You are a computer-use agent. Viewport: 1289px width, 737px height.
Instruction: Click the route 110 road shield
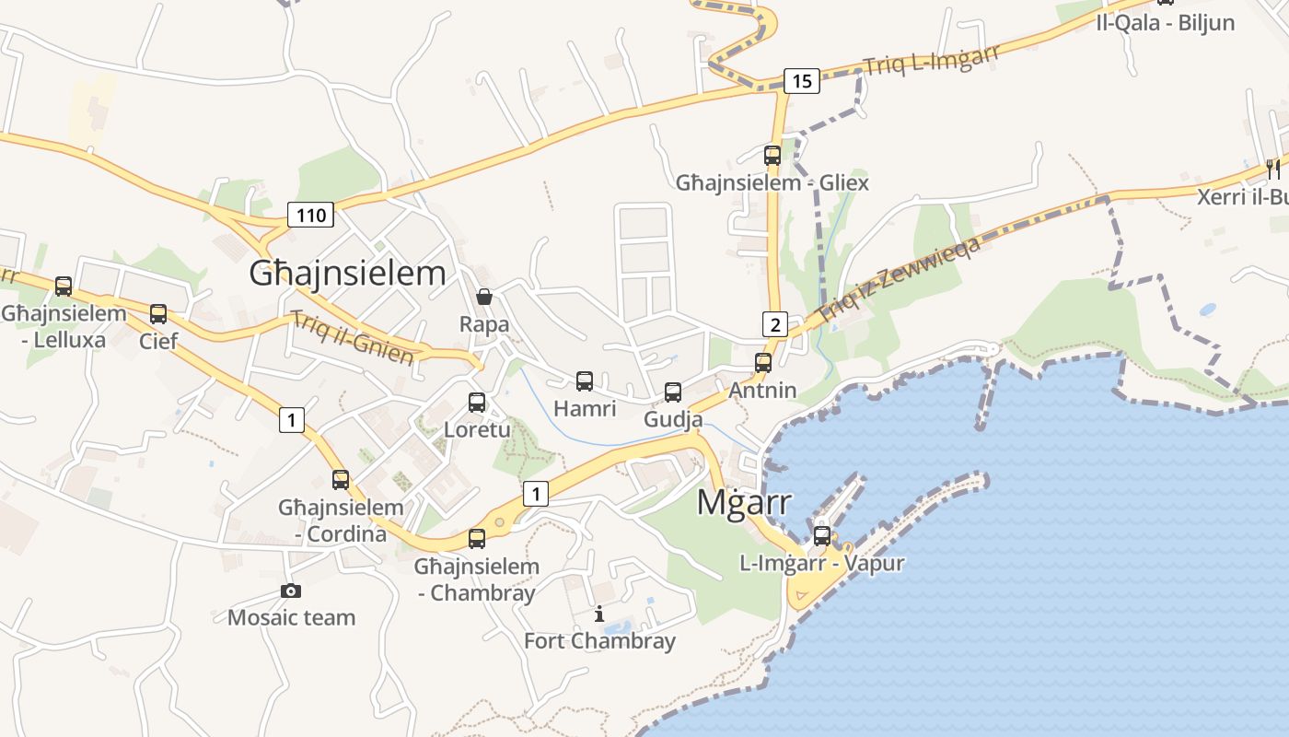(x=311, y=216)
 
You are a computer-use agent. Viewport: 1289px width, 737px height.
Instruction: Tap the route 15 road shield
(x=802, y=81)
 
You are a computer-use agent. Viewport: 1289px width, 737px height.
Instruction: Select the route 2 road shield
(x=775, y=324)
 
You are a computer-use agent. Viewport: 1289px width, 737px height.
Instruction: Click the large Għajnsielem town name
(x=348, y=274)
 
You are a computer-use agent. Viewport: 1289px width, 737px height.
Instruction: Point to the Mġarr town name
(x=744, y=503)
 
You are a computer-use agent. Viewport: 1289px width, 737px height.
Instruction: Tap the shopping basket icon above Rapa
(x=484, y=297)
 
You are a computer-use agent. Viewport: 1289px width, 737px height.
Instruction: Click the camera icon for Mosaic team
(x=291, y=591)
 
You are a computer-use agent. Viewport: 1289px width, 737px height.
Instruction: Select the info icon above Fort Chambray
(x=599, y=614)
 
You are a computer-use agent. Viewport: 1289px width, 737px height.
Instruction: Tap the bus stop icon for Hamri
(x=585, y=380)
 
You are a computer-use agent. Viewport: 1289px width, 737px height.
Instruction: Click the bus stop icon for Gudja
(x=673, y=392)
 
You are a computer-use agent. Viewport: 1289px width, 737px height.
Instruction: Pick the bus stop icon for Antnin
(x=763, y=362)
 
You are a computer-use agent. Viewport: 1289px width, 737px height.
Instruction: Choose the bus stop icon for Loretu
(x=477, y=402)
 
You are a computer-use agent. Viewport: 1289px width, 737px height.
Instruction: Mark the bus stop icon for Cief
(x=158, y=314)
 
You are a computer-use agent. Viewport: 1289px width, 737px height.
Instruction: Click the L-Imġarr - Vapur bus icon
(x=822, y=535)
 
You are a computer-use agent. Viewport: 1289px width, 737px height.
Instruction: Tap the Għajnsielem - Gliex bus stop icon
(x=772, y=155)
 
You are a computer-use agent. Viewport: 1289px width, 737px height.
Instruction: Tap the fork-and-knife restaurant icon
(x=1273, y=169)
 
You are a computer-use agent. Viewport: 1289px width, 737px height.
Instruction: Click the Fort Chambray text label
(x=599, y=641)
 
